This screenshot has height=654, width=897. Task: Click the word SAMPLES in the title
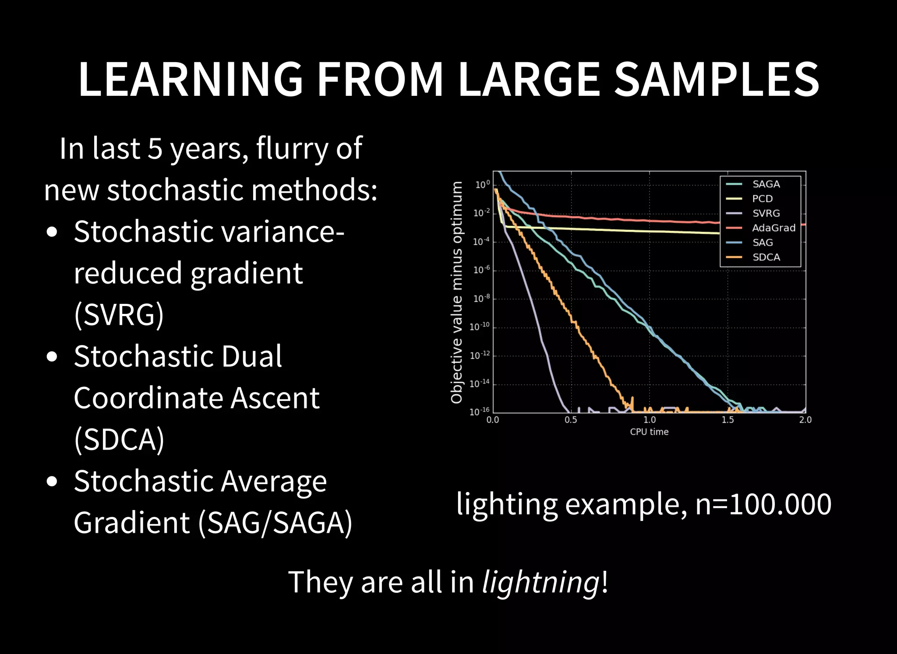717,79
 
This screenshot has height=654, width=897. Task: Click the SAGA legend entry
766,184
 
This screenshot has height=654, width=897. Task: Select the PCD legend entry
762,199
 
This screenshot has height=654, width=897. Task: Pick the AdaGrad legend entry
773,228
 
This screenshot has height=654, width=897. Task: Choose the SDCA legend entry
766,257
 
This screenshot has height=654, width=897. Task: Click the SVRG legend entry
766,213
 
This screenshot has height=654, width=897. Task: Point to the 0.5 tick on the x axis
571,420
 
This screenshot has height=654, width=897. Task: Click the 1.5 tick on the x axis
727,420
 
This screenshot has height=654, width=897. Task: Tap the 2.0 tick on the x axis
805,420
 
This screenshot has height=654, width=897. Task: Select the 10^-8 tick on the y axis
481,299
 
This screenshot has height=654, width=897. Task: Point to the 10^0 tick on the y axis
482,185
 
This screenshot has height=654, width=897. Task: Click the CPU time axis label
649,432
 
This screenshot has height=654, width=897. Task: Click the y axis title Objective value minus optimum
457,292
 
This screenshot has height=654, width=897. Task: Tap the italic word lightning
540,582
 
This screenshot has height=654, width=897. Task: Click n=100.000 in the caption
763,504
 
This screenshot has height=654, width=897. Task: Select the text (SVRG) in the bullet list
119,314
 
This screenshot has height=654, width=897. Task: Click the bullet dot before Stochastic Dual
52,357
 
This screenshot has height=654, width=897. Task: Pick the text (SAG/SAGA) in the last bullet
275,523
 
